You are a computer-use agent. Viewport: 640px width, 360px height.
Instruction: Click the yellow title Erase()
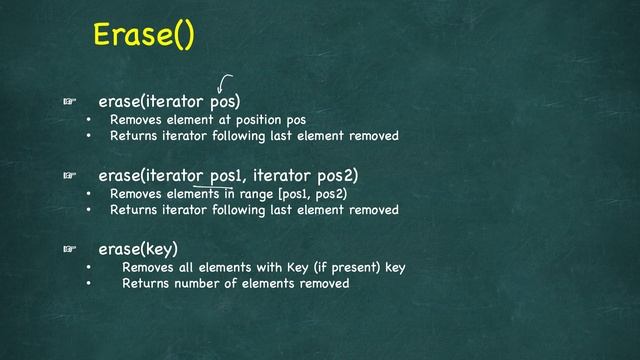tap(143, 34)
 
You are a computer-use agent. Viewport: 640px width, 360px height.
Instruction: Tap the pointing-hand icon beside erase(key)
tap(70, 248)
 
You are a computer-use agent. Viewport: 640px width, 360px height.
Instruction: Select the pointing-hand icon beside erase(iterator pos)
tap(70, 102)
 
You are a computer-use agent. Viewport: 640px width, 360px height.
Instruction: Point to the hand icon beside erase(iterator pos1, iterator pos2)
tap(70, 176)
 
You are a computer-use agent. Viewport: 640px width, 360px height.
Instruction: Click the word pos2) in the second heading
tap(336, 176)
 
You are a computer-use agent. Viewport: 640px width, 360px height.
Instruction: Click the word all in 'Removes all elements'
tap(183, 268)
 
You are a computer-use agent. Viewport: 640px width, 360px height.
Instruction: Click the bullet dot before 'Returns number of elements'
tap(88, 284)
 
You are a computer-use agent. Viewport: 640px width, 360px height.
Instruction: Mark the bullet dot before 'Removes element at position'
tap(88, 120)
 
